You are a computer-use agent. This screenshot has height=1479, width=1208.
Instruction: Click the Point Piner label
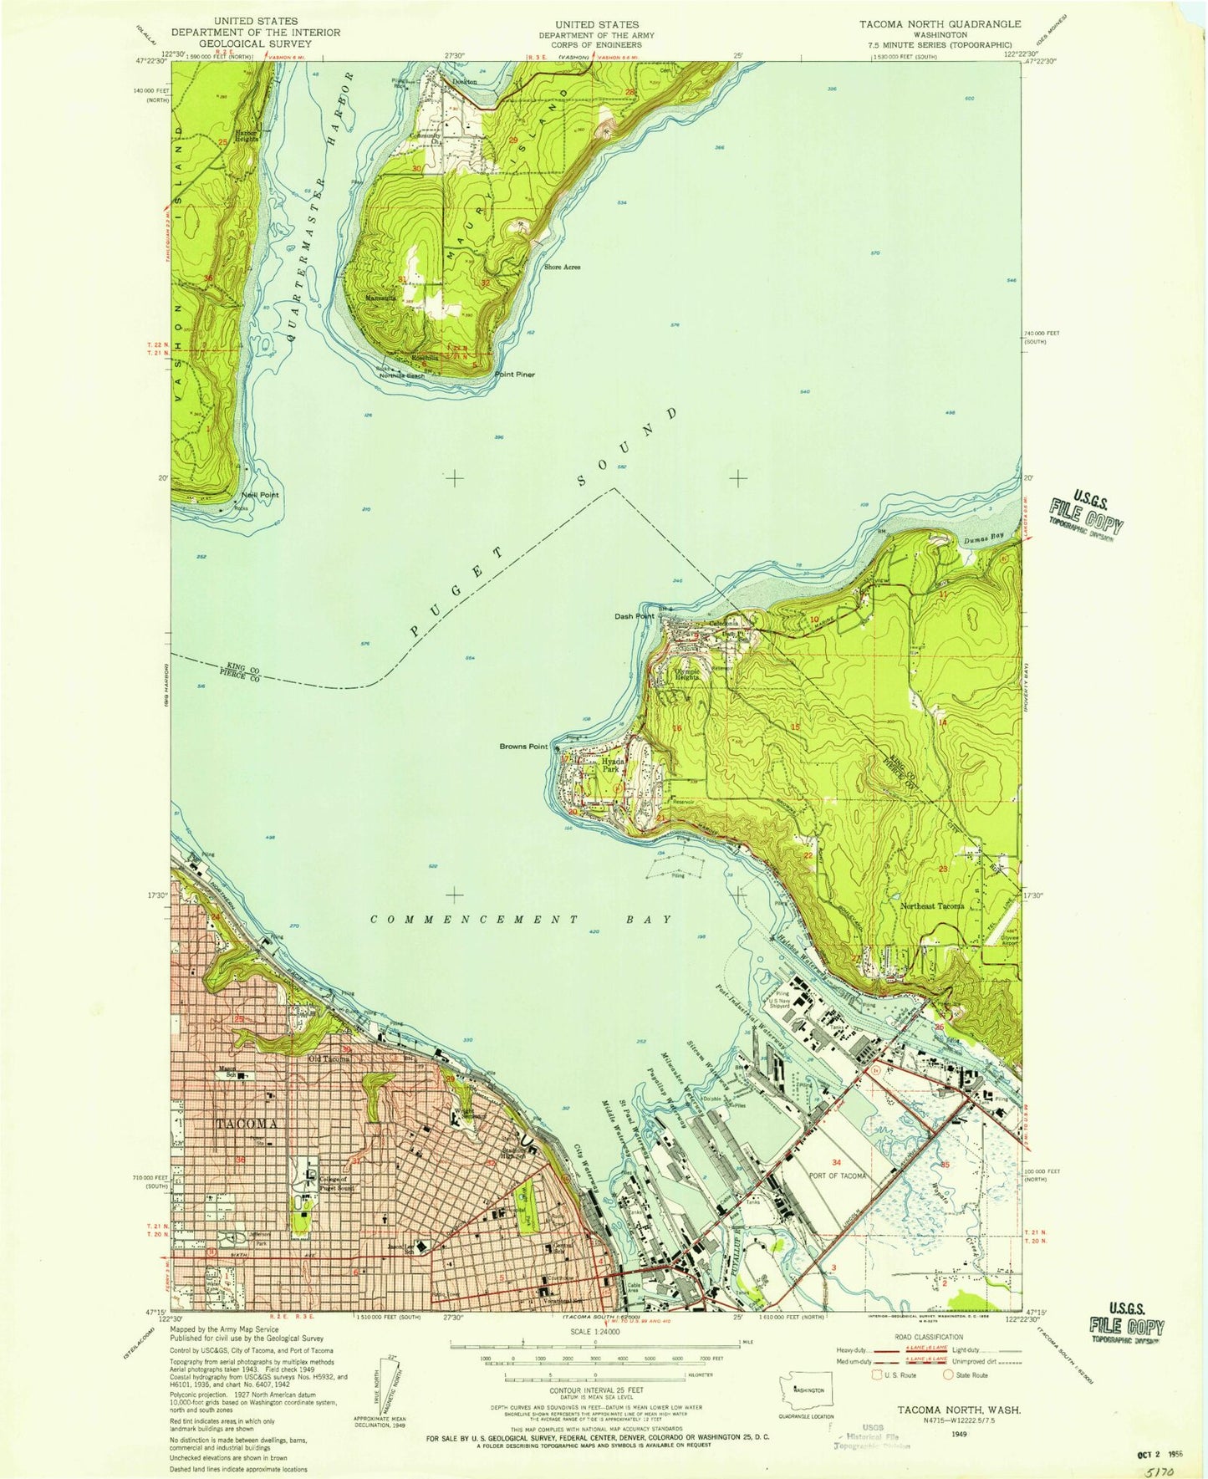point(514,375)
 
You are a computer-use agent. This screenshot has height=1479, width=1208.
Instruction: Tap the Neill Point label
point(260,495)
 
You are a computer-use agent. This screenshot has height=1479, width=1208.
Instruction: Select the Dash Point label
point(635,616)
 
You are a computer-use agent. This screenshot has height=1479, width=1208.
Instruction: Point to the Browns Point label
point(524,747)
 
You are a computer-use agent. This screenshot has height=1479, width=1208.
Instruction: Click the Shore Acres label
point(562,268)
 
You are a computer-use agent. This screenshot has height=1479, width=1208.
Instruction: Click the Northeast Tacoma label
point(932,906)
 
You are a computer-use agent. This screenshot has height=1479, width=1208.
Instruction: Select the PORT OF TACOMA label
point(837,1176)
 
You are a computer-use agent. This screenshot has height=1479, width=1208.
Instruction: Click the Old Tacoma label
point(329,1058)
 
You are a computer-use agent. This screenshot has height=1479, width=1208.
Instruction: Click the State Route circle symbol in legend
point(949,1374)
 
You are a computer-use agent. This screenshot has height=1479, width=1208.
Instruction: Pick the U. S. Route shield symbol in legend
point(877,1374)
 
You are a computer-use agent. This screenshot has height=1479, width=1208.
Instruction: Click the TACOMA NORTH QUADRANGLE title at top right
point(940,24)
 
